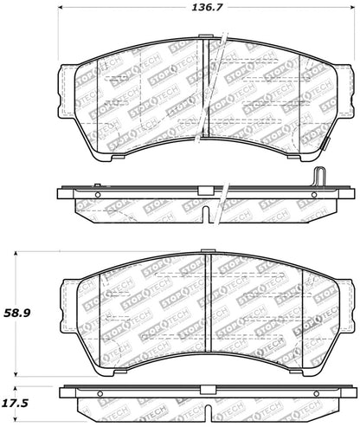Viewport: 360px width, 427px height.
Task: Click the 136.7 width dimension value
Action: (x=207, y=7)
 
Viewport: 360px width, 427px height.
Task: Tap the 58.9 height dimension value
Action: (x=17, y=313)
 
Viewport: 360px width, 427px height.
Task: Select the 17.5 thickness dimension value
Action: (x=16, y=403)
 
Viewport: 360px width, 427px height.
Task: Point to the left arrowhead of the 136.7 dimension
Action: (x=61, y=8)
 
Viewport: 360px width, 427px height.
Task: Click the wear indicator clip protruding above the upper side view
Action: (x=319, y=177)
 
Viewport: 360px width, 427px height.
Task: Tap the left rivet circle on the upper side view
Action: (x=98, y=195)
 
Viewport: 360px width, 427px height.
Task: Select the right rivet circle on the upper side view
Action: (x=314, y=195)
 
